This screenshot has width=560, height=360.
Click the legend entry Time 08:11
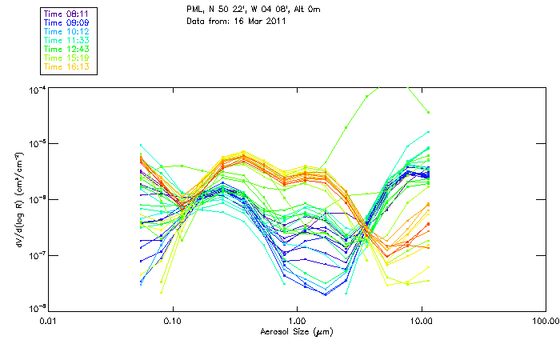point(66,14)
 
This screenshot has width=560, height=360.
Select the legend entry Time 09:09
point(66,22)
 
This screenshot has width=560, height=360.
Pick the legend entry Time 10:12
point(66,31)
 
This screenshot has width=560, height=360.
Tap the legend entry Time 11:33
point(66,40)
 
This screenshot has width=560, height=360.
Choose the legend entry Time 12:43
point(66,49)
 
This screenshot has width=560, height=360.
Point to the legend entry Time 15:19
point(66,58)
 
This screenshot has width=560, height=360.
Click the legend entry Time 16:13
point(66,66)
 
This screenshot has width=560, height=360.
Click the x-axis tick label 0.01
point(49,322)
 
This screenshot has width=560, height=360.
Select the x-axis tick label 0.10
point(173,322)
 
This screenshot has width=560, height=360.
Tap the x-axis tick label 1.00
point(297,322)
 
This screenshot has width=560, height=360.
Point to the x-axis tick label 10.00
point(422,322)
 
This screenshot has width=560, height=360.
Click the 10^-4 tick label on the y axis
point(35,90)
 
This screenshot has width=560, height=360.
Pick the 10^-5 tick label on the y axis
point(35,144)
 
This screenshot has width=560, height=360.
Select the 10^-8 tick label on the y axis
point(35,308)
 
